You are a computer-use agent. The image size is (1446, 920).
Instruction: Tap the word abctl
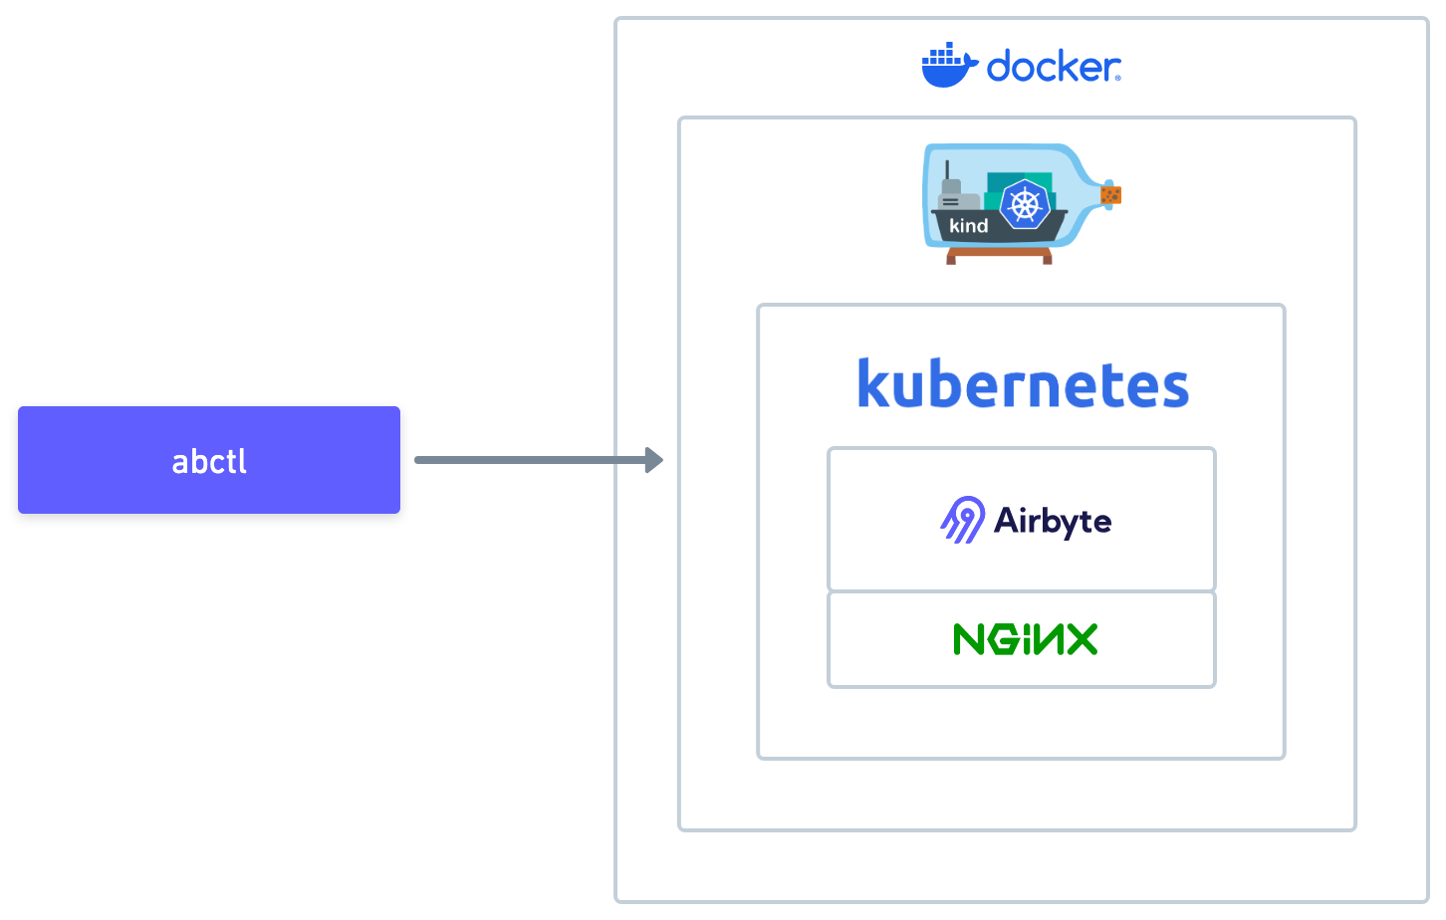209,462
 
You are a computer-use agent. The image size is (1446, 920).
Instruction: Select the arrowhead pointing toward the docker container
654,460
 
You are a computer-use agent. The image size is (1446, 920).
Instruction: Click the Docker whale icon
948,66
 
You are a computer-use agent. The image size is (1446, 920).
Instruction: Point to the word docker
1054,68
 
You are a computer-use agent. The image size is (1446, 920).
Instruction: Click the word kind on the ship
968,226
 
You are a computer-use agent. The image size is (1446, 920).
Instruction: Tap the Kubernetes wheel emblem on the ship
1025,206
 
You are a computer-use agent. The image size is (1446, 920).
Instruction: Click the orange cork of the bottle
1111,194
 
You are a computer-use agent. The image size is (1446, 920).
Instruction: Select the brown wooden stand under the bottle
999,256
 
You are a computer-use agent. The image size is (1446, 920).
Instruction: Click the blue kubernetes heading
1023,384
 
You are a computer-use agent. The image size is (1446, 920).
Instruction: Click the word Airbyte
1053,521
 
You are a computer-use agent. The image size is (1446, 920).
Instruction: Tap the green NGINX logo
1025,639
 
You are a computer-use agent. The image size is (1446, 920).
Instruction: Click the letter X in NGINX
1080,639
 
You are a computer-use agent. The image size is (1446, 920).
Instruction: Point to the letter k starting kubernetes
872,384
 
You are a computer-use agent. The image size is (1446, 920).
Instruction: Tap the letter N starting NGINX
970,639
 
